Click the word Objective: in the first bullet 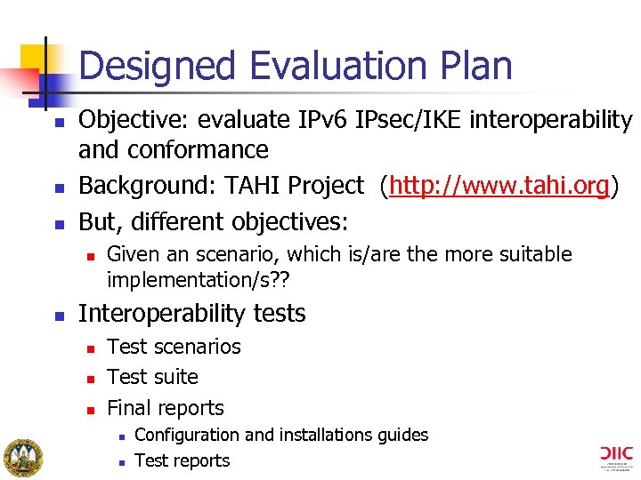(134, 119)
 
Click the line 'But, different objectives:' (214, 220)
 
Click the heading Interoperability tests (192, 314)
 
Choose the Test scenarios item (174, 347)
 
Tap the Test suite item (152, 377)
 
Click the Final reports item (166, 408)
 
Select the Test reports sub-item (182, 460)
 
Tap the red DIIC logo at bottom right (615, 457)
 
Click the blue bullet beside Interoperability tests (58, 315)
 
